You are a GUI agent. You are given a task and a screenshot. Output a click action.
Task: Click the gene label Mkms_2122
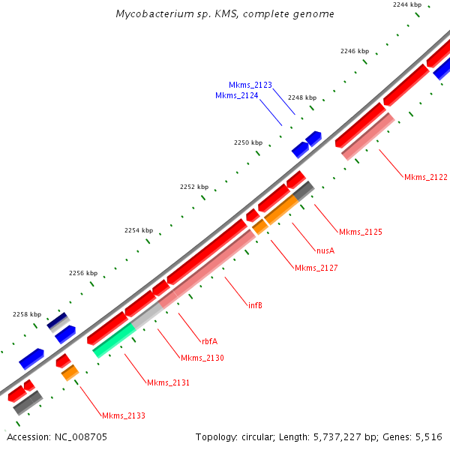click(x=425, y=177)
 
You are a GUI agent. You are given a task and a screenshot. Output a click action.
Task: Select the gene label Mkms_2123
click(x=250, y=85)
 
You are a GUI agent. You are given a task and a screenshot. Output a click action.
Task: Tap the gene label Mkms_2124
click(x=237, y=95)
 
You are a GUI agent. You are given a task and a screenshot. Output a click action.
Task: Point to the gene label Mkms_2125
click(x=360, y=232)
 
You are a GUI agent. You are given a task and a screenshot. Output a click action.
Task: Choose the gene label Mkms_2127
click(x=316, y=268)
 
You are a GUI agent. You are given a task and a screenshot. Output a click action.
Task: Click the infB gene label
click(x=255, y=305)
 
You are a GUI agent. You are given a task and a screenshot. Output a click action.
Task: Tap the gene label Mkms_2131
click(x=168, y=382)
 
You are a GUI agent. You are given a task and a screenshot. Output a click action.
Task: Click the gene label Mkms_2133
click(x=124, y=415)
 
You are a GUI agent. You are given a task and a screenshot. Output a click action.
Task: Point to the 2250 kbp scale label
click(x=247, y=142)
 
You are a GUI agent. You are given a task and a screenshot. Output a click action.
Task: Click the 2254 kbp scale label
click(x=138, y=230)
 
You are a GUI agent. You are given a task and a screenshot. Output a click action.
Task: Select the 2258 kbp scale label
click(x=27, y=314)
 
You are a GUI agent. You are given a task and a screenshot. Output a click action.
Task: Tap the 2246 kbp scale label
click(x=355, y=51)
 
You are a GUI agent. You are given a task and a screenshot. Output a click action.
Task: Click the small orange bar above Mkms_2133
click(x=70, y=372)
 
